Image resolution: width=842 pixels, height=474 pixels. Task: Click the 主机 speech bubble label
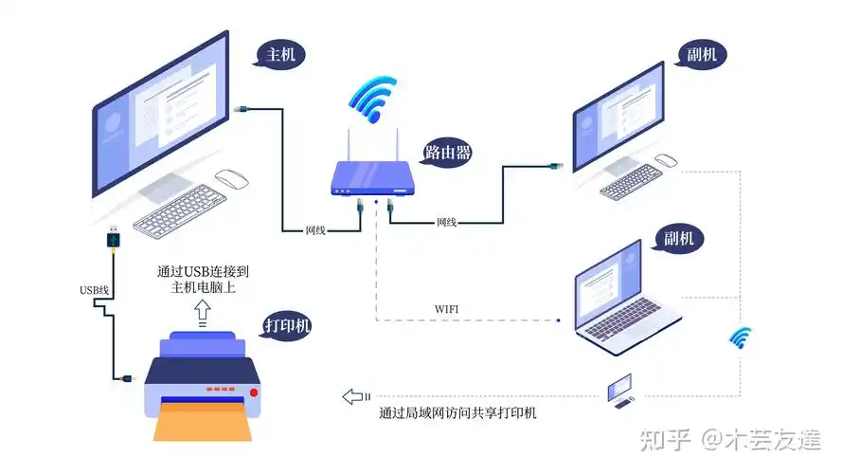pos(281,55)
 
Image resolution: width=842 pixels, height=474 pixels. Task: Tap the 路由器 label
pos(448,152)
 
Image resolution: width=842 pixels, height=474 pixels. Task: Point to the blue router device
pos(373,178)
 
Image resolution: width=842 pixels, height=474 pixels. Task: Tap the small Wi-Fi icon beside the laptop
pos(740,337)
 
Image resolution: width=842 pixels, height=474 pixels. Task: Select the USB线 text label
pos(95,289)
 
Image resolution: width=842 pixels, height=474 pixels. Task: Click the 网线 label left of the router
pos(316,231)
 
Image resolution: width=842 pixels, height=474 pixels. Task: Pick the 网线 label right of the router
pos(447,223)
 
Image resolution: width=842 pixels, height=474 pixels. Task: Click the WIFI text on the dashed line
pos(447,309)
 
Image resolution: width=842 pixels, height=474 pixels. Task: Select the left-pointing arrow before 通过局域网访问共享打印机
pos(355,395)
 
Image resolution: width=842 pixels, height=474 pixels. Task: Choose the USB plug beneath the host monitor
pos(114,237)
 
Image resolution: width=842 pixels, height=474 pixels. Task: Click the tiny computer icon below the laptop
pos(619,390)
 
